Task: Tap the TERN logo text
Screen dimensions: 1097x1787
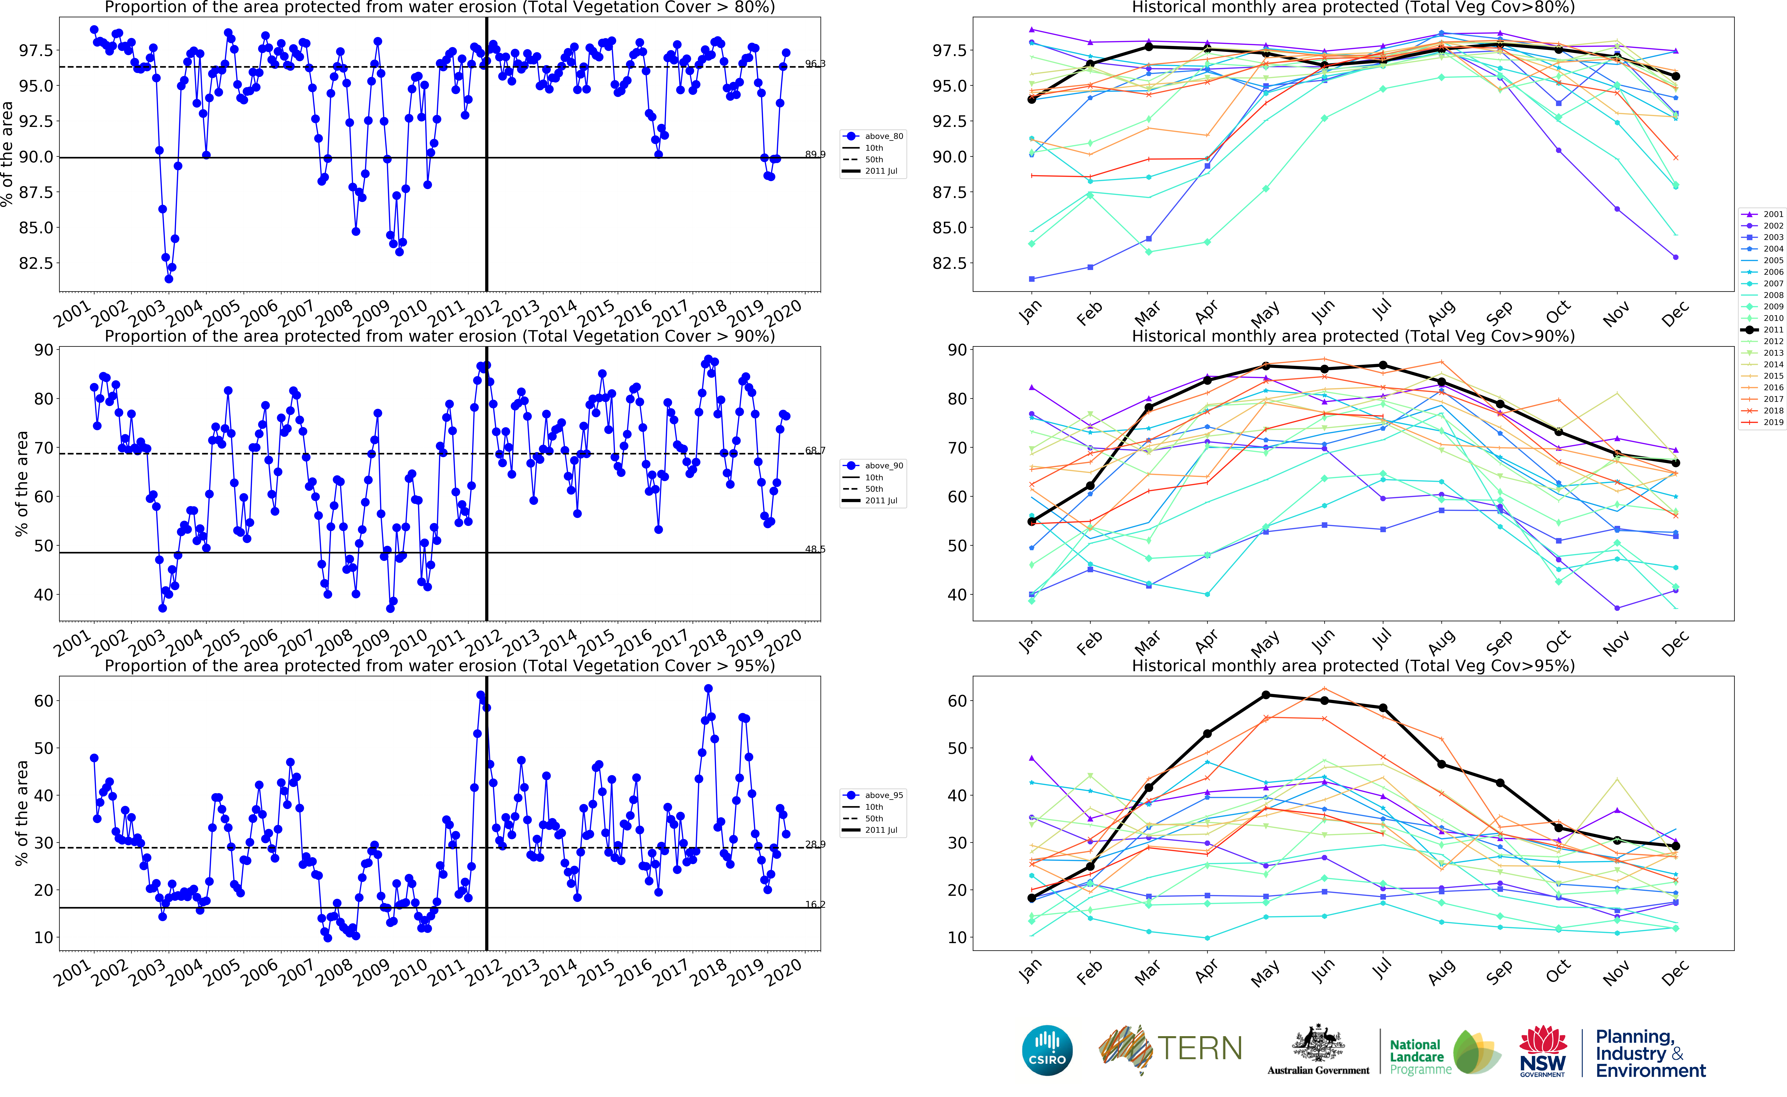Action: click(1199, 1048)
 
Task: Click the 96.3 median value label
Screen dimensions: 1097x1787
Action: click(815, 64)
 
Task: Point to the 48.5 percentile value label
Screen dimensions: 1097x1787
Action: click(815, 549)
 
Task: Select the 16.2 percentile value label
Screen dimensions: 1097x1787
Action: click(815, 904)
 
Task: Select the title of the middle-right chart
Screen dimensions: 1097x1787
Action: click(1353, 336)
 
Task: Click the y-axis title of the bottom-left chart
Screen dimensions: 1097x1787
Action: click(22, 813)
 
